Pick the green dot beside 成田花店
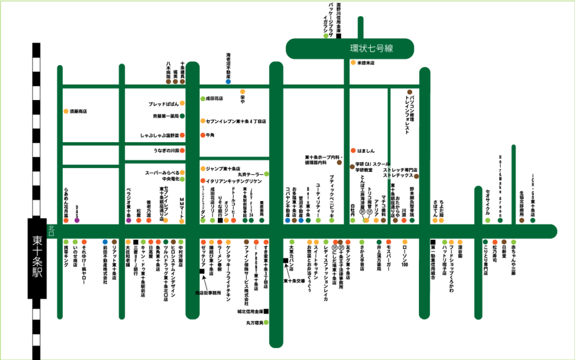(203, 98)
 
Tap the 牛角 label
(211, 135)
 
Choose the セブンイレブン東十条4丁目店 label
(236, 121)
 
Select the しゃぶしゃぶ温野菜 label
(159, 135)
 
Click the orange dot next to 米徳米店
(353, 62)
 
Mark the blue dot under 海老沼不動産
(228, 81)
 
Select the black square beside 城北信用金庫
(266, 311)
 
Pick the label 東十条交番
(294, 280)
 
